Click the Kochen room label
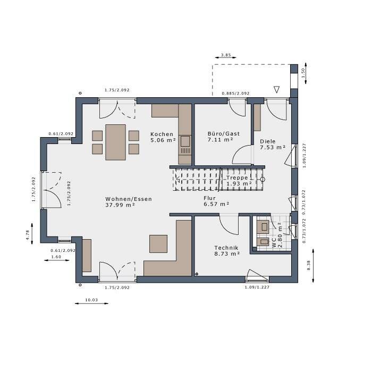coord(162,134)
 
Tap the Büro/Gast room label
coord(224,133)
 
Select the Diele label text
coord(268,141)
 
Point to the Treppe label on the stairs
coord(237,177)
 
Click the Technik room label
coord(226,248)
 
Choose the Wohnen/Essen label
coord(129,199)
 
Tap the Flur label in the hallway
coord(209,198)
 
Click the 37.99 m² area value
coord(120,205)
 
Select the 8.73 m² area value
coord(227,253)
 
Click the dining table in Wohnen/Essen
coord(115,142)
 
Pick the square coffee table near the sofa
coord(158,244)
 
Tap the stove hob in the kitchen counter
coord(185,141)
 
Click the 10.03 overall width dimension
coord(91,300)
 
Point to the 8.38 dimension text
coord(309,265)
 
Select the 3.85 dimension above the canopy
coord(226,55)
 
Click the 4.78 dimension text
coord(28,235)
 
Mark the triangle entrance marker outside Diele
coord(276,89)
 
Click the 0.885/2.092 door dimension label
coord(235,94)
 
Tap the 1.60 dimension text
coord(56,257)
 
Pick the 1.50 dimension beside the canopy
coord(303,73)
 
